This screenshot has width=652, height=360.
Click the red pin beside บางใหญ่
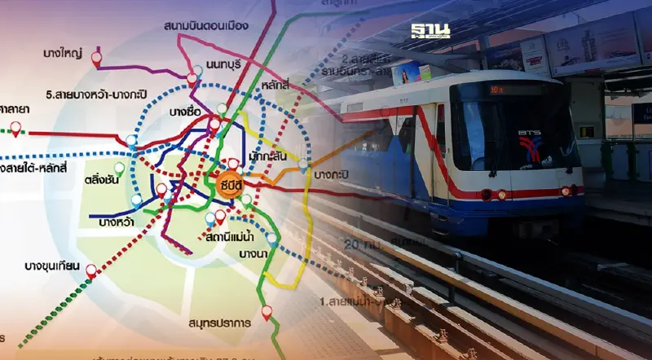pyautogui.click(x=96, y=58)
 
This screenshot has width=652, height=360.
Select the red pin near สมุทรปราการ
pyautogui.click(x=267, y=312)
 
